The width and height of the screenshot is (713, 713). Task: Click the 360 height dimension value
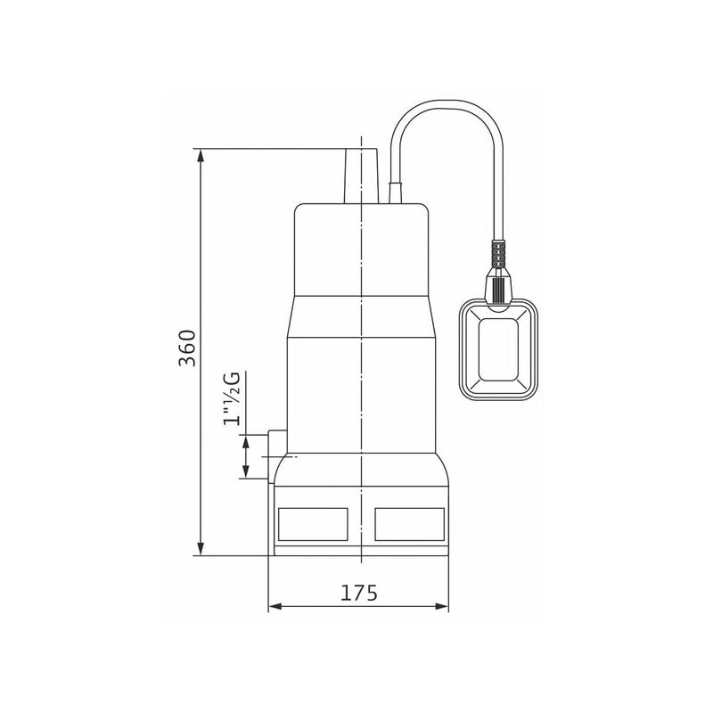coord(186,348)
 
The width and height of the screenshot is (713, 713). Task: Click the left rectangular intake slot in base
coord(313,523)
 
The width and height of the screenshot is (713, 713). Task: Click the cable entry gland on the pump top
coord(396,192)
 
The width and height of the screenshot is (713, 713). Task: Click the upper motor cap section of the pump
coord(361,250)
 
